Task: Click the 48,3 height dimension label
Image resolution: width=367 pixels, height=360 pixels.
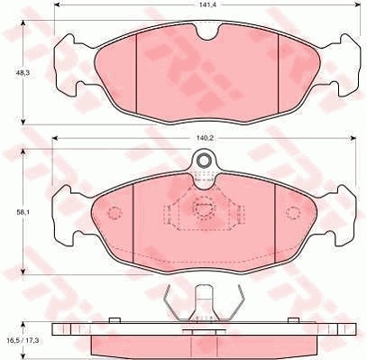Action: pyautogui.click(x=21, y=72)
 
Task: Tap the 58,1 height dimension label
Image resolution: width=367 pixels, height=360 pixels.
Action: pyautogui.click(x=21, y=211)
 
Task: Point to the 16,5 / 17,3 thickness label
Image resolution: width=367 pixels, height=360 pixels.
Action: pyautogui.click(x=23, y=341)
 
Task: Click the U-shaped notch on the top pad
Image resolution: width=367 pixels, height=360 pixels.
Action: pyautogui.click(x=207, y=32)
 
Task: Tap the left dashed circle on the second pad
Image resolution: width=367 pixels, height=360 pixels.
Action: pyautogui.click(x=115, y=213)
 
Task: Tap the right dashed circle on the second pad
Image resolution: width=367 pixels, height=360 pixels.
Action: pyautogui.click(x=293, y=213)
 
